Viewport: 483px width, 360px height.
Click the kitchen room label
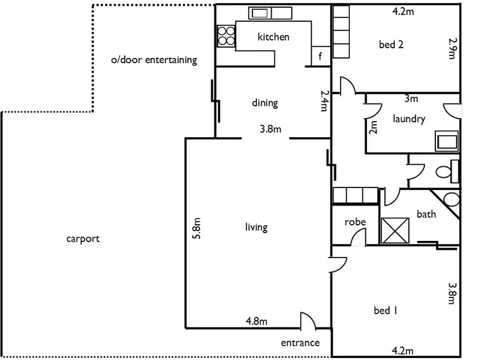pos(273,37)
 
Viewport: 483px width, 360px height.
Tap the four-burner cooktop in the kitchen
pos(226,36)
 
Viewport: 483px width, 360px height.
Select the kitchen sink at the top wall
pos(270,14)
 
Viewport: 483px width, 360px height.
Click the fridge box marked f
pos(321,56)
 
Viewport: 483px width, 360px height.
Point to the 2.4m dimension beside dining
pos(325,100)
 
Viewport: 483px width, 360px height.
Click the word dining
pos(265,103)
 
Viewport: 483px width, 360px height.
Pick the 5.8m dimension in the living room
pos(196,228)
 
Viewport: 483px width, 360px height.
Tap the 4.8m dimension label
pos(256,321)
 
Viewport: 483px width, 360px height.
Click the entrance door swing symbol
pos(308,321)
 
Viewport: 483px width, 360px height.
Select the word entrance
pos(300,343)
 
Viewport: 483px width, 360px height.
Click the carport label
pos(83,239)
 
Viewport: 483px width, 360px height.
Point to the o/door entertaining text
pos(154,60)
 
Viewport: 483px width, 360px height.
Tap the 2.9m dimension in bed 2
pos(452,48)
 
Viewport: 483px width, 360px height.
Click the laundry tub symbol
pos(447,141)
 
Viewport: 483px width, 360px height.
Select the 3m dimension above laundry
pos(411,99)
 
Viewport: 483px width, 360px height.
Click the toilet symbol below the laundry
pos(448,171)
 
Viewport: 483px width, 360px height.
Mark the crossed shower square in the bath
pos(395,231)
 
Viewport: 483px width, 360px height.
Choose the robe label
pos(355,222)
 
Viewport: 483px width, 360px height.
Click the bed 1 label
pos(385,310)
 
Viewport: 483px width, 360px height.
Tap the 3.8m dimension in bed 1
pos(452,294)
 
